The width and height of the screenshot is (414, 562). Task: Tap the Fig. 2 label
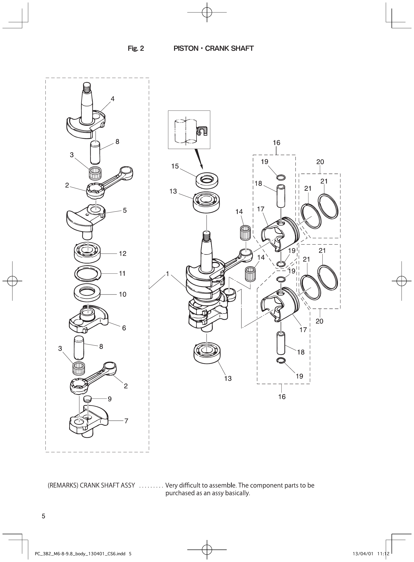pyautogui.click(x=136, y=48)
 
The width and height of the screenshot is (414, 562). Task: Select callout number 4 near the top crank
pyautogui.click(x=113, y=99)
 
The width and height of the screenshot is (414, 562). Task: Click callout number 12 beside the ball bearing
pyautogui.click(x=123, y=254)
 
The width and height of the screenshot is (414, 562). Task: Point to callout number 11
pyautogui.click(x=122, y=273)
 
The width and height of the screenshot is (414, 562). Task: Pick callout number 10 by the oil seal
pyautogui.click(x=123, y=294)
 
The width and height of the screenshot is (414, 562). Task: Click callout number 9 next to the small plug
pyautogui.click(x=110, y=399)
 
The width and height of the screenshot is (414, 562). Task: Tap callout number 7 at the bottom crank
pyautogui.click(x=126, y=421)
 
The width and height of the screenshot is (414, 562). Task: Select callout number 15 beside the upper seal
pyautogui.click(x=175, y=166)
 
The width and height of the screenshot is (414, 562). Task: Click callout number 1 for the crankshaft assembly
pyautogui.click(x=167, y=274)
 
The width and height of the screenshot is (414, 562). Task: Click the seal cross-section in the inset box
pyautogui.click(x=202, y=131)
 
